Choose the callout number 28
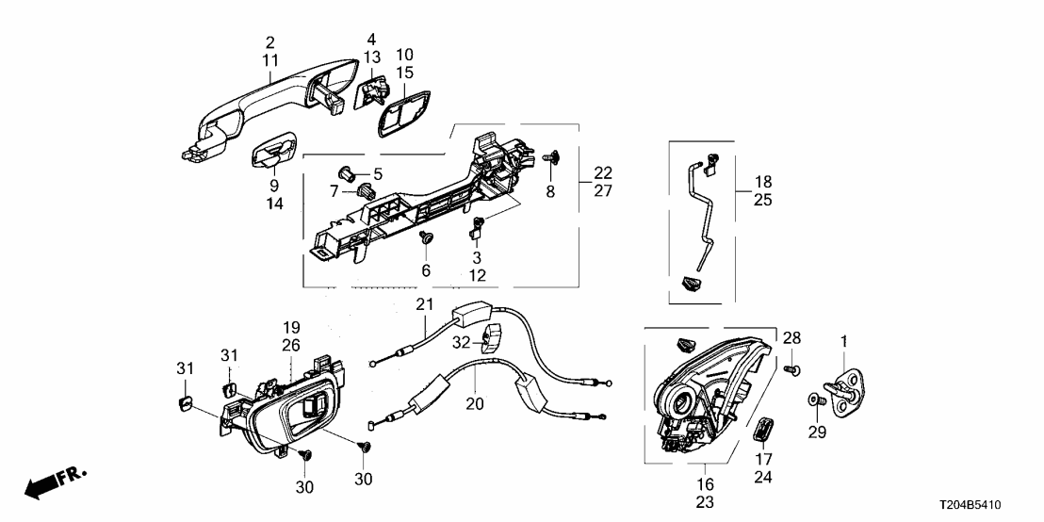[x=791, y=338]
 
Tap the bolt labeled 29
[x=817, y=400]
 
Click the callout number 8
[x=551, y=192]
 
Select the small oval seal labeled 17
[x=762, y=429]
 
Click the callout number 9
[x=273, y=186]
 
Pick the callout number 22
[x=602, y=172]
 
